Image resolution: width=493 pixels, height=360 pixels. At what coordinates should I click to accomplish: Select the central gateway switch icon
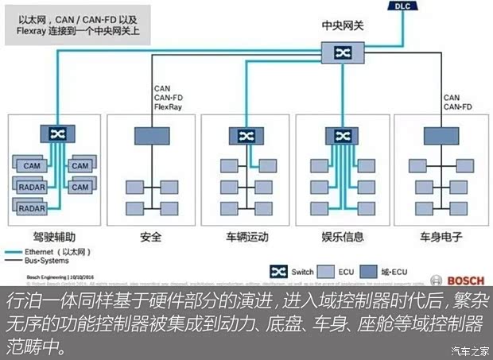[343, 53]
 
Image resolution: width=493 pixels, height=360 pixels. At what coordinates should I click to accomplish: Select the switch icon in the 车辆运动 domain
[245, 135]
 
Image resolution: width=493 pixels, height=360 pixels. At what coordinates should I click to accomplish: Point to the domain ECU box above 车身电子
[439, 135]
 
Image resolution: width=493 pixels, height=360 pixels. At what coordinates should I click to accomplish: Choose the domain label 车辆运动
[246, 237]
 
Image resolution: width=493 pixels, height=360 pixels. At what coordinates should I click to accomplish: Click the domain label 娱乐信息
[343, 237]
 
